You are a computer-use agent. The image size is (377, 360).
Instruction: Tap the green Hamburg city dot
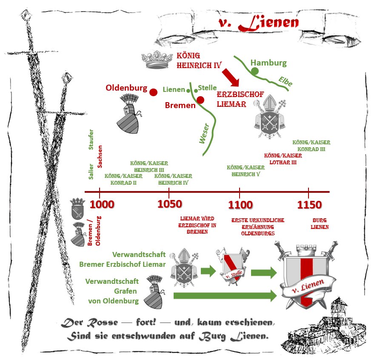pos(254,71)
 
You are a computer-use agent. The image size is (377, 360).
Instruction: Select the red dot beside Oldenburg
pos(154,91)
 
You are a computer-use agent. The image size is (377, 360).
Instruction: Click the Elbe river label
pos(286,81)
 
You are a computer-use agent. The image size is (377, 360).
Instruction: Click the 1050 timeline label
pos(169,204)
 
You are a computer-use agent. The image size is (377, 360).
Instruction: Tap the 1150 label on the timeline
pos(309,205)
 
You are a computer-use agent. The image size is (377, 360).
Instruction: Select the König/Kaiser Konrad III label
pos(311,146)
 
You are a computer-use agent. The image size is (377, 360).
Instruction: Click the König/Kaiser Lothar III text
pos(283,159)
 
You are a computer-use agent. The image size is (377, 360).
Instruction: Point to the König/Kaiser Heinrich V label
pos(246,171)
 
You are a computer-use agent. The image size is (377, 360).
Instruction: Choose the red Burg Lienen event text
pos(320,224)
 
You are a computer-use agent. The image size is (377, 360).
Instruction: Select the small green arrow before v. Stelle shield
pos(208,271)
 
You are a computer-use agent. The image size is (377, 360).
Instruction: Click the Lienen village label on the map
pos(174,90)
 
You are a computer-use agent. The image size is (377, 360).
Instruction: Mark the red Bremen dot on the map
pos(200,100)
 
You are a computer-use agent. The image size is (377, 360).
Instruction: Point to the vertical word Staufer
pos(91,139)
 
